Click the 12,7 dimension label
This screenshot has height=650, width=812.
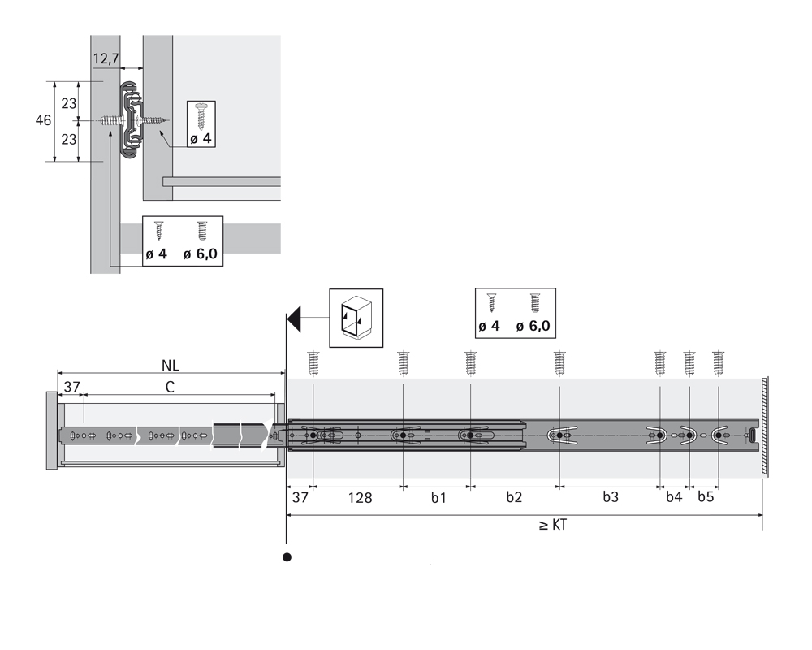point(106,58)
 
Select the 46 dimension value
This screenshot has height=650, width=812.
point(43,120)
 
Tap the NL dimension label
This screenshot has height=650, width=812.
point(171,364)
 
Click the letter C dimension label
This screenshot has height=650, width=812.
point(170,388)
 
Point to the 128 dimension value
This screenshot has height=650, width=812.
point(358,498)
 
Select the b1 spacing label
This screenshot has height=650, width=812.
point(438,498)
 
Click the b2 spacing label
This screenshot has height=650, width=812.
point(514,498)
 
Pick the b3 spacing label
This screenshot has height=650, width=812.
point(611,498)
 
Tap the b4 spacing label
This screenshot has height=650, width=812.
point(674,498)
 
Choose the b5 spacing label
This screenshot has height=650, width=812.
point(706,498)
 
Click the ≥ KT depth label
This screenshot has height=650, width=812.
point(552,525)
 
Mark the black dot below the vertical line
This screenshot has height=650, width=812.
point(286,557)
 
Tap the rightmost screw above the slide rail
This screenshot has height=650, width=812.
point(718,362)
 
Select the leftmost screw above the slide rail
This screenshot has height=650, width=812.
point(313,362)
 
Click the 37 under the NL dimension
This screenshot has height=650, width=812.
point(72,388)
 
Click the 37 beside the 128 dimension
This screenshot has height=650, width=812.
point(300,498)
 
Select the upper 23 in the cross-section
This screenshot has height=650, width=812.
point(69,102)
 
